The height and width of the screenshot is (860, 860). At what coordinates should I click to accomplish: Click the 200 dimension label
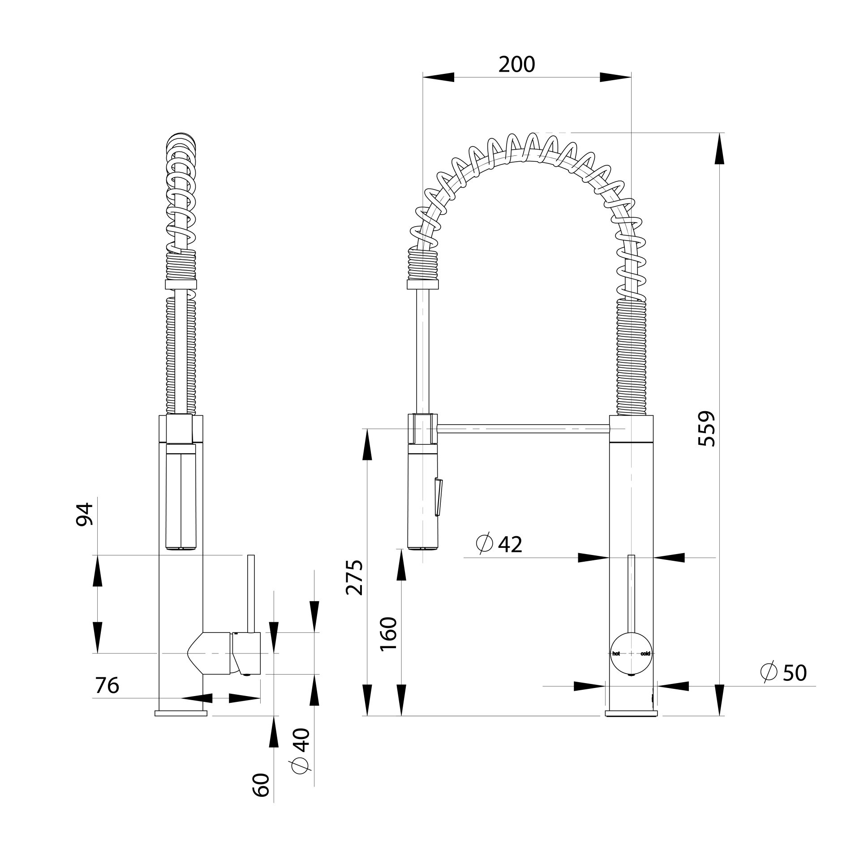pos(516,65)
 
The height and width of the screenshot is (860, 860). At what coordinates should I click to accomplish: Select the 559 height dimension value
pos(707,428)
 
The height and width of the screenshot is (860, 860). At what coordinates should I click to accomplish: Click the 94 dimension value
pos(84,514)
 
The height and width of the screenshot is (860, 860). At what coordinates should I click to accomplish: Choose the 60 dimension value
pos(261,797)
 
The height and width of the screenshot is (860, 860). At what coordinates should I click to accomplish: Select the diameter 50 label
pos(784,685)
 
